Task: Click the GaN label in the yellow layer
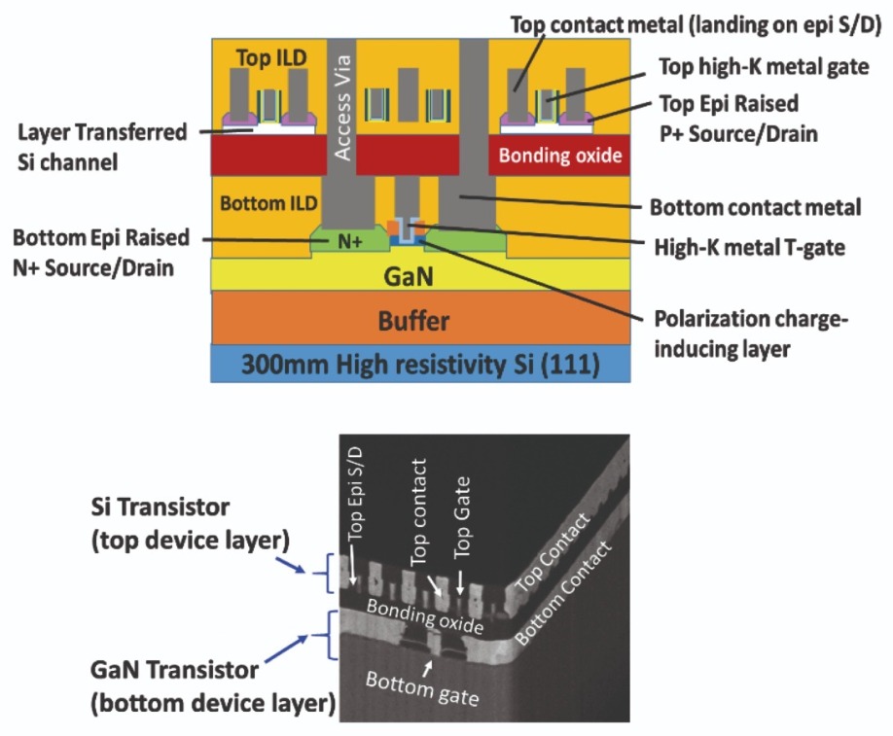(409, 276)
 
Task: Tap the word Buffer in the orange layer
(413, 321)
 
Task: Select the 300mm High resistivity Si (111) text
(420, 365)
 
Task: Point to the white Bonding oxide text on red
(560, 156)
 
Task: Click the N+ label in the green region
(349, 242)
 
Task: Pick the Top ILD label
(271, 57)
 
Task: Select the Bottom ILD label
(268, 203)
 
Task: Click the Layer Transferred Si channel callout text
(102, 147)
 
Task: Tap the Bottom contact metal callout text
(755, 207)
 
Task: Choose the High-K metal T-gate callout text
(749, 248)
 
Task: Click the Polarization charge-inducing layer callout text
(751, 334)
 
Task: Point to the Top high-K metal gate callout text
(764, 66)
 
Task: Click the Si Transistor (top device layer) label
(191, 523)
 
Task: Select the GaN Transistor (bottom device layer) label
(212, 686)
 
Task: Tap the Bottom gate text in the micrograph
(422, 687)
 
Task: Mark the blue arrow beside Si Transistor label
(291, 564)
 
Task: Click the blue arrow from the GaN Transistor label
(286, 648)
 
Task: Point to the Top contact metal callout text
(696, 25)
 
